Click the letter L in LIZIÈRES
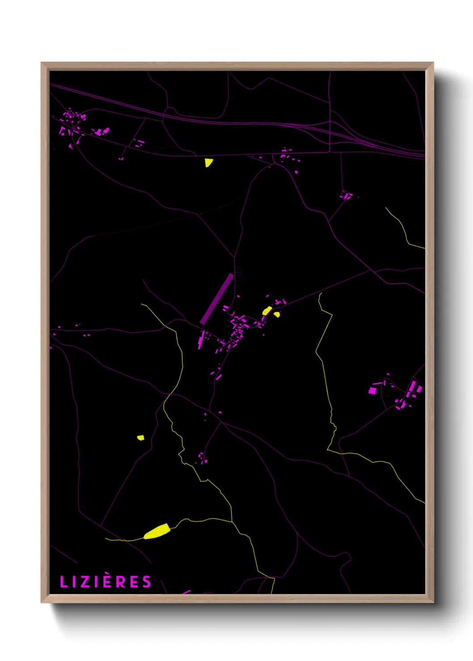pyautogui.click(x=63, y=582)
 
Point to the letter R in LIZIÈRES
pyautogui.click(x=120, y=582)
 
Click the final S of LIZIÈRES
pyautogui.click(x=147, y=582)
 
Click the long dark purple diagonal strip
pyautogui.click(x=217, y=298)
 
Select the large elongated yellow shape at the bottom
pyautogui.click(x=157, y=532)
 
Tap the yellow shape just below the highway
pyautogui.click(x=208, y=163)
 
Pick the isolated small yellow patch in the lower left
pyautogui.click(x=140, y=438)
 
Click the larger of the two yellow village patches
pyautogui.click(x=267, y=311)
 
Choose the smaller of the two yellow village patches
pyautogui.click(x=277, y=314)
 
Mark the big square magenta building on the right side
pyautogui.click(x=372, y=391)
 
